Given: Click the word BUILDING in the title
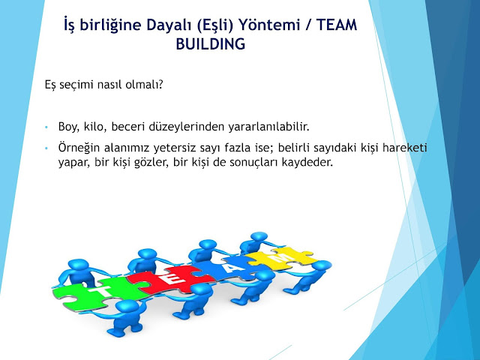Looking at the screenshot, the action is click(211, 44).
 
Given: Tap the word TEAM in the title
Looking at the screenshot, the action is click(337, 25).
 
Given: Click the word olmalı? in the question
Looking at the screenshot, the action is click(144, 84).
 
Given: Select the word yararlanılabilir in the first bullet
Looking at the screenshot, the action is click(268, 127).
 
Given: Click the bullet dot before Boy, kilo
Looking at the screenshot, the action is click(46, 127).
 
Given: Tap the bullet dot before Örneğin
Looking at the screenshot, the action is click(46, 148).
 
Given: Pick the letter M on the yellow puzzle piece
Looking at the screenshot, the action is click(280, 258).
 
